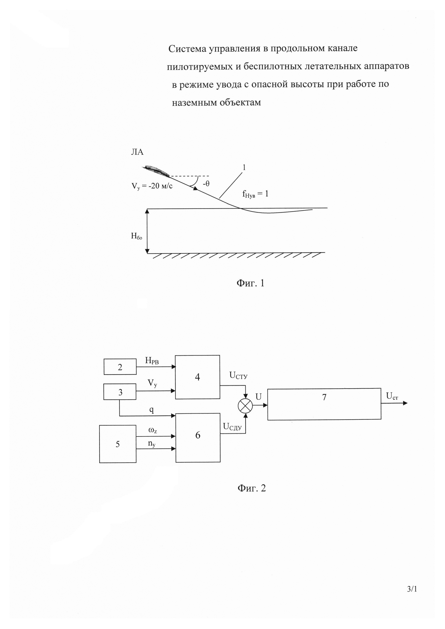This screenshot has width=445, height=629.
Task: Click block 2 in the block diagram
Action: (120, 367)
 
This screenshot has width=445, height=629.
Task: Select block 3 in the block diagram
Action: (120, 392)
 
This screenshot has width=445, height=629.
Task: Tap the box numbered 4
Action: (197, 377)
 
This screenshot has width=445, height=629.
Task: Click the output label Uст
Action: (392, 396)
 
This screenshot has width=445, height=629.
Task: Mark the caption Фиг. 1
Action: (250, 283)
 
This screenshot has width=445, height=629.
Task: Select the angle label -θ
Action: (206, 183)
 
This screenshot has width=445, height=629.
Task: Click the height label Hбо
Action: (136, 236)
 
